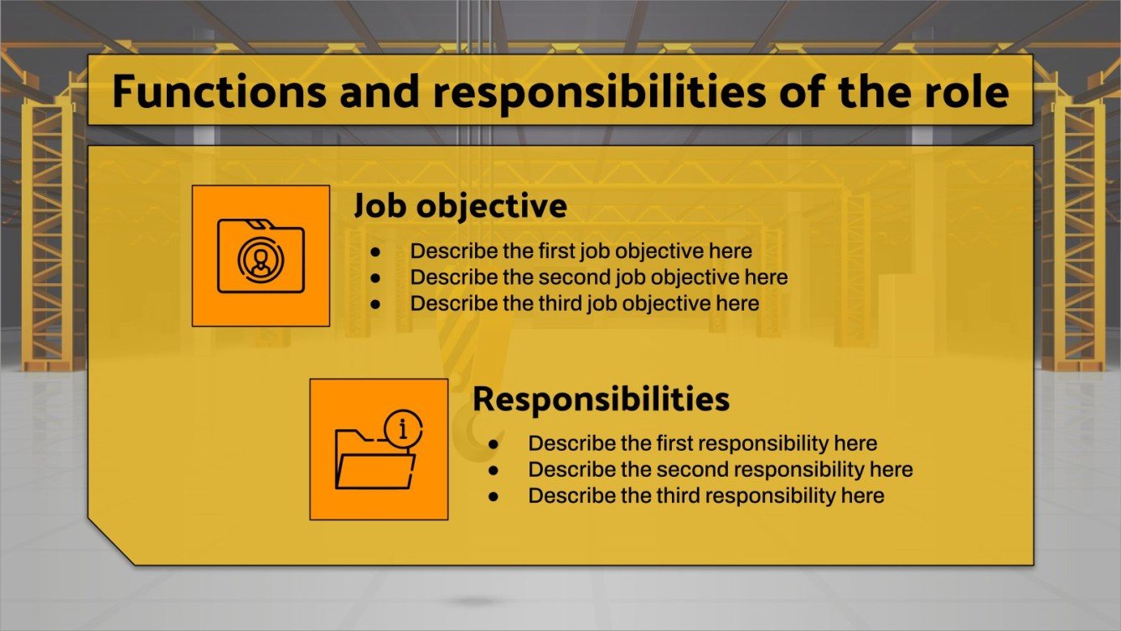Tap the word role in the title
tap(968, 91)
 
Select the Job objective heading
tap(459, 205)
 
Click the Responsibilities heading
tap(600, 399)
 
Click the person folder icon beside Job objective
tap(261, 256)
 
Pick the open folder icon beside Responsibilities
tap(375, 458)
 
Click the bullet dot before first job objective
tap(376, 251)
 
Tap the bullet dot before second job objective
tap(376, 277)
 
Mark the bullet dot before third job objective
tap(376, 303)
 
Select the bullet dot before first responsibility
tap(493, 443)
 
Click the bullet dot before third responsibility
tap(493, 496)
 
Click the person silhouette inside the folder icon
tap(261, 259)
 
